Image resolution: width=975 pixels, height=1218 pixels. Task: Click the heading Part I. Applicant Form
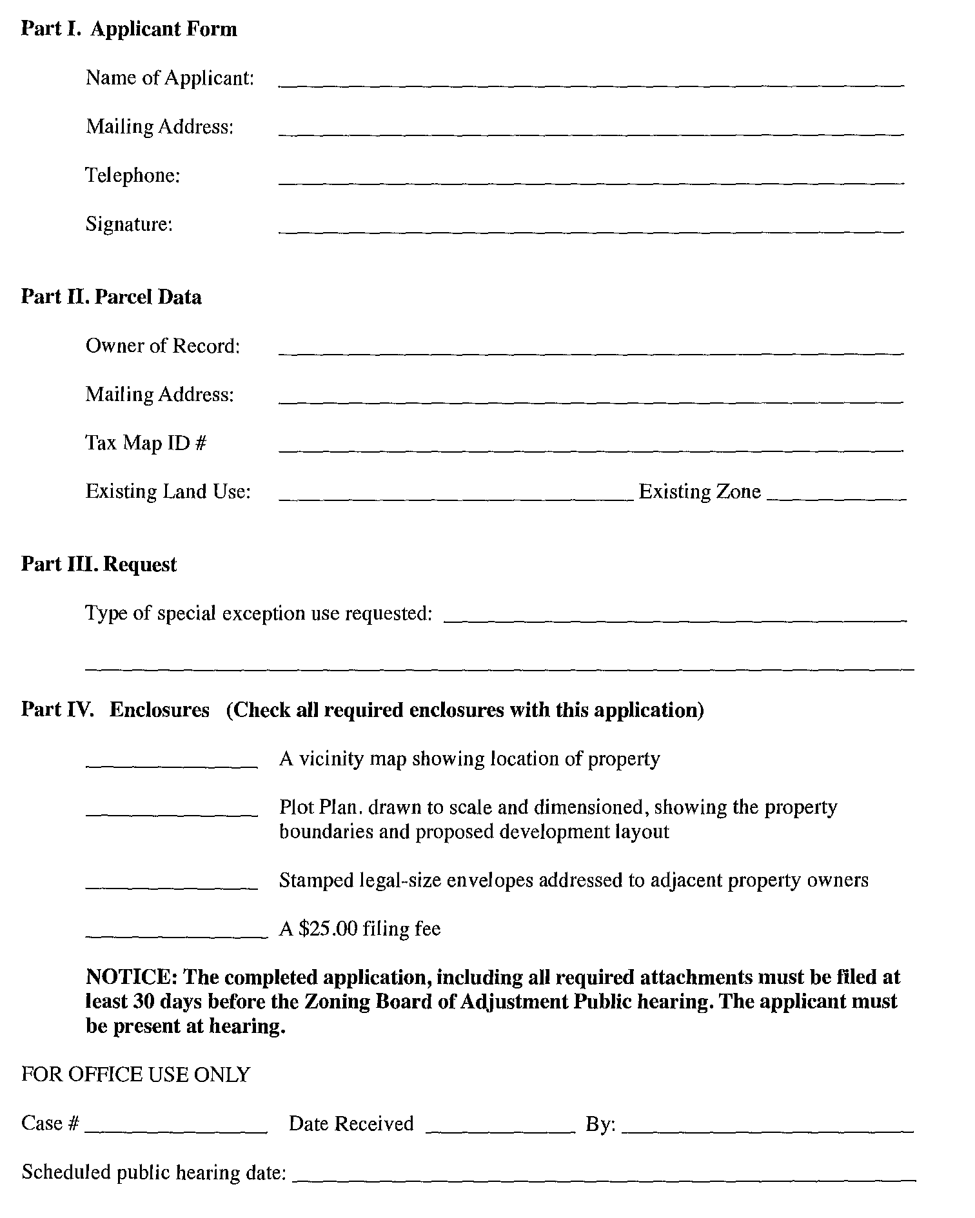(x=129, y=29)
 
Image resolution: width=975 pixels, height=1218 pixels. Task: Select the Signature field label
(x=129, y=224)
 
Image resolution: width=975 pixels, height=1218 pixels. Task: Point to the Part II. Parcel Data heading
(x=111, y=297)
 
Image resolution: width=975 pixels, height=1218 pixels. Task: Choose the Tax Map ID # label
(x=146, y=443)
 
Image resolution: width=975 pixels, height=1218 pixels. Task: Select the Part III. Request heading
(x=99, y=564)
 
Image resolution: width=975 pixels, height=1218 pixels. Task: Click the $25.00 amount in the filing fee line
(x=328, y=929)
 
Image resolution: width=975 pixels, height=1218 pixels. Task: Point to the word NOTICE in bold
(x=131, y=977)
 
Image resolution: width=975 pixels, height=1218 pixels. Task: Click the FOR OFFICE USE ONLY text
(x=135, y=1075)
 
